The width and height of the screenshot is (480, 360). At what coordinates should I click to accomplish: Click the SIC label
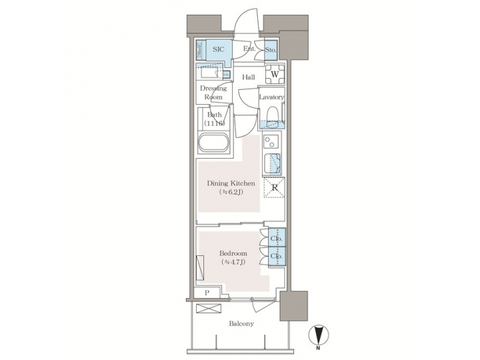pos(218,49)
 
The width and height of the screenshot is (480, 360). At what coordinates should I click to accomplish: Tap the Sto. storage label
pos(271,49)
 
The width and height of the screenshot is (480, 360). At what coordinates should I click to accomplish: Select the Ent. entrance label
pos(249,49)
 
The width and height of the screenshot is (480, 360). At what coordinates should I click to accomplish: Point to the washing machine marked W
pos(275,74)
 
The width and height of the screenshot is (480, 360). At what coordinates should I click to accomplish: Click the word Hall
pos(249,77)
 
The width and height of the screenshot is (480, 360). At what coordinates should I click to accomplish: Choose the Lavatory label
pos(272,97)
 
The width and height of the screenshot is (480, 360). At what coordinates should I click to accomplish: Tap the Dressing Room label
pos(214,92)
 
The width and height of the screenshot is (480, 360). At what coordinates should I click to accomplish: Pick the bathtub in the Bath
pos(214,143)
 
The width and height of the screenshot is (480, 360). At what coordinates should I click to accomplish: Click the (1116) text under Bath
pos(215,123)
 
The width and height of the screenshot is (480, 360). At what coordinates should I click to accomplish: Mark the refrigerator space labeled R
pos(275,188)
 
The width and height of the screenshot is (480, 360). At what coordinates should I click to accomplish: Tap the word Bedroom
pos(233,253)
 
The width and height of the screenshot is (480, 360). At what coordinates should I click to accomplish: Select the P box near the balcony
pos(207,293)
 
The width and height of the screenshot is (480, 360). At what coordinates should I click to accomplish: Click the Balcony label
pos(241,323)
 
